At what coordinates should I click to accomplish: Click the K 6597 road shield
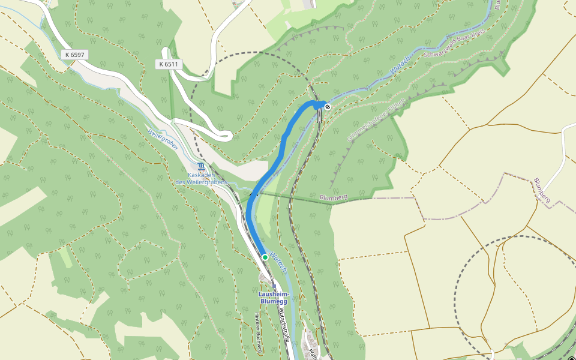click(x=75, y=55)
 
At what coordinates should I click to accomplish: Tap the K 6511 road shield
click(x=169, y=64)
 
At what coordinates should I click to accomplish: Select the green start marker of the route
click(x=265, y=257)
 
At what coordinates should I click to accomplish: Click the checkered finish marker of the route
click(x=328, y=107)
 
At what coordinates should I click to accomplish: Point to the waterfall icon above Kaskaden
click(x=202, y=166)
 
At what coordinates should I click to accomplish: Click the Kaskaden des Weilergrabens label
click(x=202, y=178)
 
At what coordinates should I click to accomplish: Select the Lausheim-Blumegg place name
click(x=274, y=298)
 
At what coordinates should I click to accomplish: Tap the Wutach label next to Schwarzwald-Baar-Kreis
click(x=400, y=67)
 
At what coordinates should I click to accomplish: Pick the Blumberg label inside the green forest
click(x=334, y=197)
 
